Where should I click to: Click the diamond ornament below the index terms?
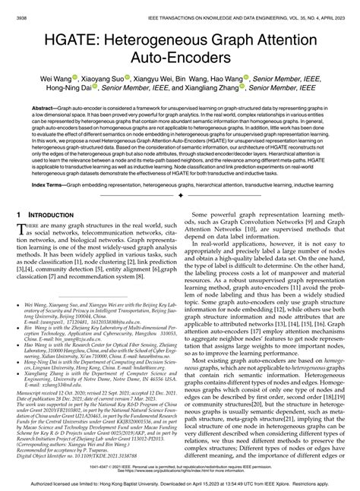coord(179,194)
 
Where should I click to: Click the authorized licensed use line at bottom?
coord(179,483)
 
